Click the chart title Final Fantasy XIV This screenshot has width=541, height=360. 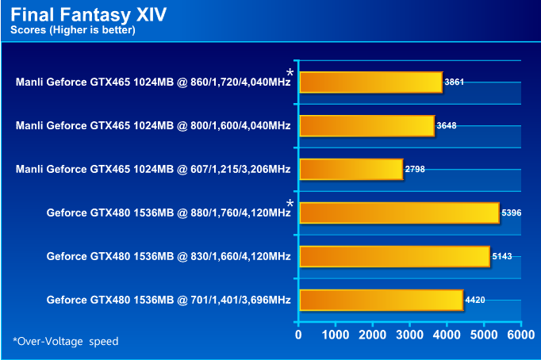click(x=88, y=15)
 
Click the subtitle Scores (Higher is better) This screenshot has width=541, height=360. click(x=72, y=31)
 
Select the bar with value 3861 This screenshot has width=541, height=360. click(x=370, y=82)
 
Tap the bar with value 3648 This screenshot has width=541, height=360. click(x=366, y=126)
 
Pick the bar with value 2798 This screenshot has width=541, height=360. click(x=351, y=170)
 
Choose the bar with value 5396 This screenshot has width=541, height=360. click(x=399, y=213)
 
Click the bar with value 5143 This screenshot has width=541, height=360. click(x=394, y=257)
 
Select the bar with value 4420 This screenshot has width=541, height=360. click(x=381, y=301)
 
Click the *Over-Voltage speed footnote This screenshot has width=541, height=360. click(x=65, y=341)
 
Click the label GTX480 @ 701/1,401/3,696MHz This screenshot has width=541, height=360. click(x=168, y=301)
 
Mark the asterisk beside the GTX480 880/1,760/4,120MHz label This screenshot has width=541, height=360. click(x=290, y=205)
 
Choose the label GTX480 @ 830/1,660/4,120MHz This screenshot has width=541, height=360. click(x=168, y=257)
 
